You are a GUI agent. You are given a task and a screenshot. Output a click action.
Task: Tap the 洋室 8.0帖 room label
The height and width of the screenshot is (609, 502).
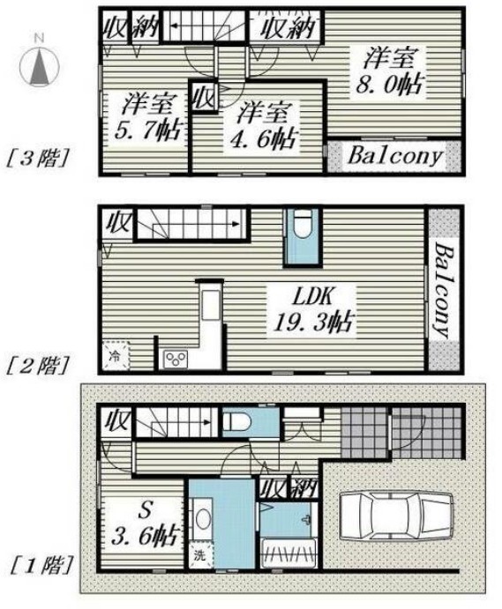[x=390, y=71]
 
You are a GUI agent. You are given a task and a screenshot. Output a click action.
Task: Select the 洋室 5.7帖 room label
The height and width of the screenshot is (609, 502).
[x=148, y=116]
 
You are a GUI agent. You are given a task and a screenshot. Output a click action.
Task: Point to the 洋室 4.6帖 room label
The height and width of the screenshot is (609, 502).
[x=264, y=126]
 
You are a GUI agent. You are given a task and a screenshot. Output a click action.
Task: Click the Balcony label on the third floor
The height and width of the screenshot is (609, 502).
[x=395, y=156]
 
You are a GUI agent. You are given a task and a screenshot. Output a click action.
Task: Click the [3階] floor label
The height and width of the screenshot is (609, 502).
[x=38, y=159]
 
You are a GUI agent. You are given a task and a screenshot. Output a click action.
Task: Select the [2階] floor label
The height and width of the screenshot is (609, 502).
[x=38, y=366]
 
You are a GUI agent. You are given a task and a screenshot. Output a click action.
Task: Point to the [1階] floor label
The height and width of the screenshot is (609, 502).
[x=41, y=566]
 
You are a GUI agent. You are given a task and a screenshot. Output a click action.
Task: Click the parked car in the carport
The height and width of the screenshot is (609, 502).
[x=396, y=516]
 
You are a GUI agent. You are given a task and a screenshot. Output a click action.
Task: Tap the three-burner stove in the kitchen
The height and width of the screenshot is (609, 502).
[x=176, y=359]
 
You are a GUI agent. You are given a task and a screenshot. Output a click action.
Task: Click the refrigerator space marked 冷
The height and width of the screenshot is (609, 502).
[x=116, y=355]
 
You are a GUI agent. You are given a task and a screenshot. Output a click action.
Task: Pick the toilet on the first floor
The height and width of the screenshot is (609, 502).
[x=236, y=422]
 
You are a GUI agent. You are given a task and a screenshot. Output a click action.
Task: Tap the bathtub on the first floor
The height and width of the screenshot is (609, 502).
[x=288, y=553]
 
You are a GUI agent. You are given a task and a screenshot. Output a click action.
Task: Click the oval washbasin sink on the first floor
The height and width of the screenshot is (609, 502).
[x=203, y=519]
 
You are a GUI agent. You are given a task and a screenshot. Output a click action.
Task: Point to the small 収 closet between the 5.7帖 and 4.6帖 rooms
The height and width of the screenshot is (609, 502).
[x=204, y=97]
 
